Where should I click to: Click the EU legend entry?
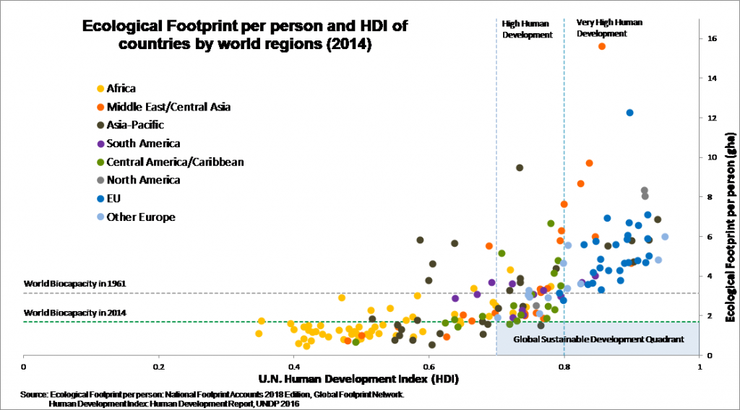(114, 199)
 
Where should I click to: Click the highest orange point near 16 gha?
(602, 46)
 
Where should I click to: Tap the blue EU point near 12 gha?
(629, 113)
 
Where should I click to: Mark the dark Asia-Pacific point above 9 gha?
(520, 167)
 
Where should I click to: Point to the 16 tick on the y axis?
(712, 38)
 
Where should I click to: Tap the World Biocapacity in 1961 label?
(75, 284)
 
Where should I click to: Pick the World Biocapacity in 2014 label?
(75, 313)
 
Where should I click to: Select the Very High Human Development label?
(608, 28)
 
